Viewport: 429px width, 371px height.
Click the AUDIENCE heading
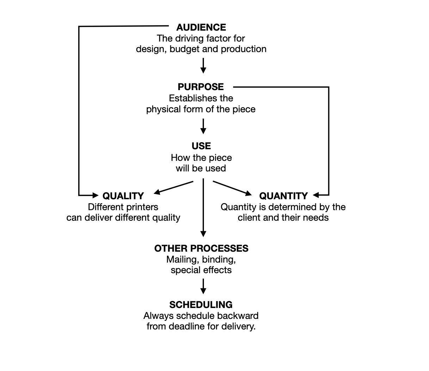201,27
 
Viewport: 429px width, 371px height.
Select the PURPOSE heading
201,87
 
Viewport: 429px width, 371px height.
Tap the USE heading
201,146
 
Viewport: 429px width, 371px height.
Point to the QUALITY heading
123,196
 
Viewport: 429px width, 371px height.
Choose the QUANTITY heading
284,196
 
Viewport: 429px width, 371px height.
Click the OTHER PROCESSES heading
201,249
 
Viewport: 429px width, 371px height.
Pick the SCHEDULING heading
201,305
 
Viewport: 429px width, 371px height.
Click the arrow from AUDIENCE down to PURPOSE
203,65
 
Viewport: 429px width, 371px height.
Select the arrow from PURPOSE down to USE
203,126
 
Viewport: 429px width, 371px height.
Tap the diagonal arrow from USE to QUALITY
174,188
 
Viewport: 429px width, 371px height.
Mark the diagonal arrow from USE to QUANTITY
232,188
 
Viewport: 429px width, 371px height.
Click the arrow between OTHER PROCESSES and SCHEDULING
203,286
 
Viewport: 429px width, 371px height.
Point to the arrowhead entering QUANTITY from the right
316,195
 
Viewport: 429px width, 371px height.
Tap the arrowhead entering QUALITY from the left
94,195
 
